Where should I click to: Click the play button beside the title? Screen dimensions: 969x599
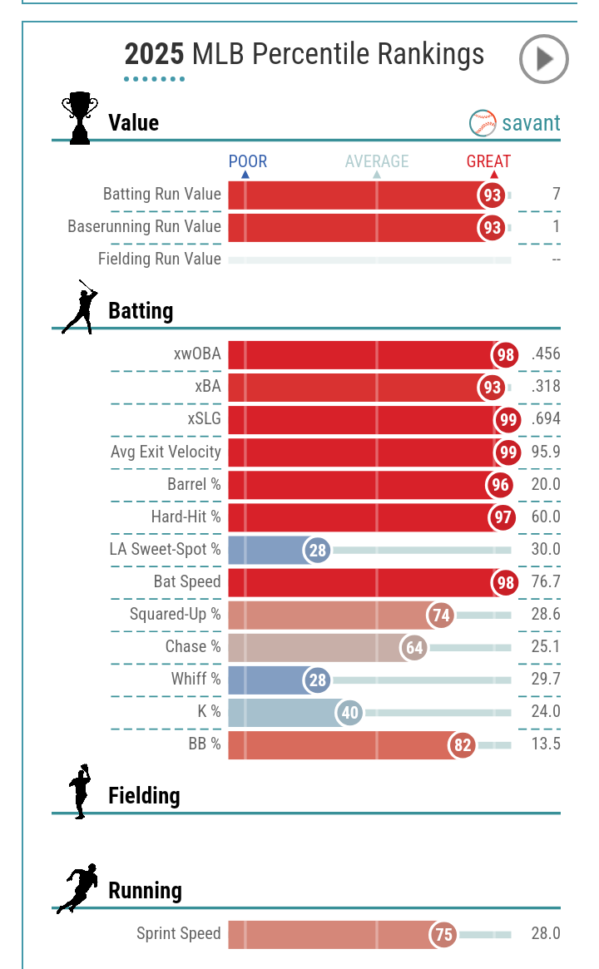[543, 59]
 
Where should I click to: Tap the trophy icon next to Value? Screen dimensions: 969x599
[80, 118]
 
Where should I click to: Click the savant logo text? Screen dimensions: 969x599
[530, 123]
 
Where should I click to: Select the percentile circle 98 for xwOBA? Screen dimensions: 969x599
[505, 355]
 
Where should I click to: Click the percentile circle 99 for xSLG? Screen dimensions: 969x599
[507, 420]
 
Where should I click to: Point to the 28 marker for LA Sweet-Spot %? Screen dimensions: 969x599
[317, 550]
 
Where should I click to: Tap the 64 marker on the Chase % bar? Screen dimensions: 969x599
[414, 647]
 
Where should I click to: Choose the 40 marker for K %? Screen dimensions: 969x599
[350, 712]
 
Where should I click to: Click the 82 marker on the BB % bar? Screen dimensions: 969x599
[463, 744]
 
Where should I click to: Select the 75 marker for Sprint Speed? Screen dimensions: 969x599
[444, 934]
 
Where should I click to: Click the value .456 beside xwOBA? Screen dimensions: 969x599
[546, 354]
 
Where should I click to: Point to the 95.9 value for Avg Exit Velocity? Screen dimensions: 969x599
[546, 452]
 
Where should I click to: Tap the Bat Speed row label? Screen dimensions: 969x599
[187, 581]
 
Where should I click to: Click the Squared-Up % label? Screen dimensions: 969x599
[176, 614]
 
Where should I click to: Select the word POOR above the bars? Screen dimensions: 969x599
[248, 161]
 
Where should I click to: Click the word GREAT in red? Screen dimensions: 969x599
[488, 161]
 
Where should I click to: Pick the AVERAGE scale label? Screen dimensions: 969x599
[377, 161]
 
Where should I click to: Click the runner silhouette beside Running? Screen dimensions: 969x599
[77, 888]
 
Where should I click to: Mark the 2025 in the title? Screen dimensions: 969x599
[154, 55]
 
